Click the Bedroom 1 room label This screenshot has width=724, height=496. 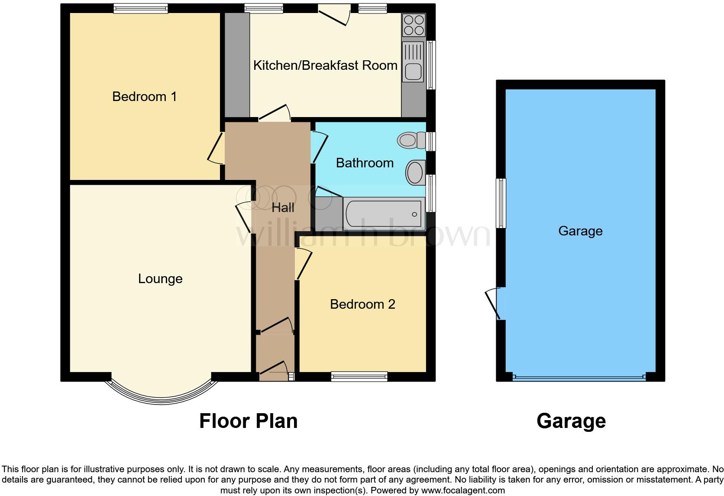144,96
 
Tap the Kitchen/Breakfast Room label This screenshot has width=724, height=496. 325,65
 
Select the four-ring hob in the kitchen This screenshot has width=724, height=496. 414,25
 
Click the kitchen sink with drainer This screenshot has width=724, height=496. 413,62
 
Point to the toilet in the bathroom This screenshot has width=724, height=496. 411,140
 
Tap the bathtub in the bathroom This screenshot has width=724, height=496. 383,214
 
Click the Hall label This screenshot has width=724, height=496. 283,208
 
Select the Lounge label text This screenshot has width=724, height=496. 160,279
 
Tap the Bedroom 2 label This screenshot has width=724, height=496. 362,304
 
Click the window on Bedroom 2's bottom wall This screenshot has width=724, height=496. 359,377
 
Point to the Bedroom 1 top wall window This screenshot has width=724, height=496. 141,8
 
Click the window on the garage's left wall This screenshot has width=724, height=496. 501,203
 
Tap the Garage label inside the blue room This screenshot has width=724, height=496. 580,231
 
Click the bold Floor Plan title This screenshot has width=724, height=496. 248,421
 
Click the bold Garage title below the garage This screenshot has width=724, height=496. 571,421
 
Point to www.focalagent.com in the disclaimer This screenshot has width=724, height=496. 463,491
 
